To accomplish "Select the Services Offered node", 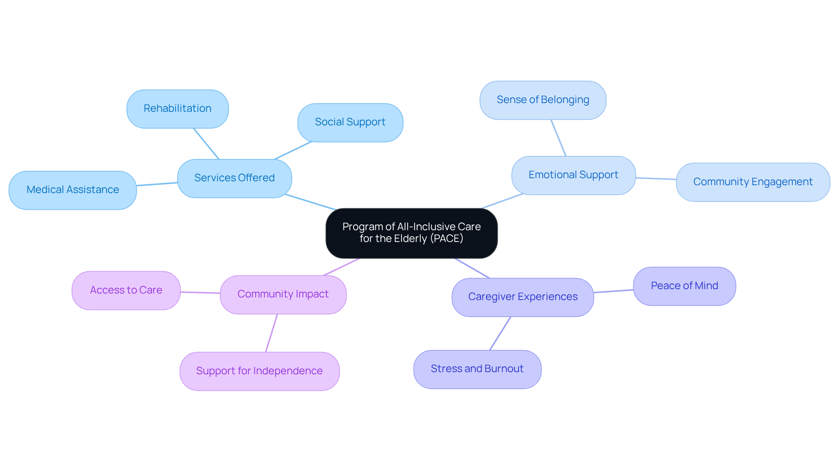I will (234, 178).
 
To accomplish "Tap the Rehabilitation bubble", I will (177, 109).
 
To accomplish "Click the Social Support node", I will (350, 122).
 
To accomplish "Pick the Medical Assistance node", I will (73, 190).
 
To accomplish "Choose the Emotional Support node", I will (573, 175).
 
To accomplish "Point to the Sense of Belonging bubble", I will (543, 100).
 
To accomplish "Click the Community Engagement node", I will (752, 182).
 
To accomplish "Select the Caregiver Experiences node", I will (523, 297).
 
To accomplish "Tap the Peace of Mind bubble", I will (684, 286).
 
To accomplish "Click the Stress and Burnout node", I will (477, 369).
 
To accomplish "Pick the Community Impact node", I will (283, 294).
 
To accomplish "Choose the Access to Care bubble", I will (126, 290).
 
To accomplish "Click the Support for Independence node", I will (260, 371).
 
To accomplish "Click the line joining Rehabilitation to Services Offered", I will (206, 144).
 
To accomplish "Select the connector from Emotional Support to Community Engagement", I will (656, 179).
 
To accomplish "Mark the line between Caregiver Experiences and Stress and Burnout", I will (500, 334).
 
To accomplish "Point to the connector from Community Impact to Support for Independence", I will (271, 333).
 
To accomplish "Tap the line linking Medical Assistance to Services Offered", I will (157, 184).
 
